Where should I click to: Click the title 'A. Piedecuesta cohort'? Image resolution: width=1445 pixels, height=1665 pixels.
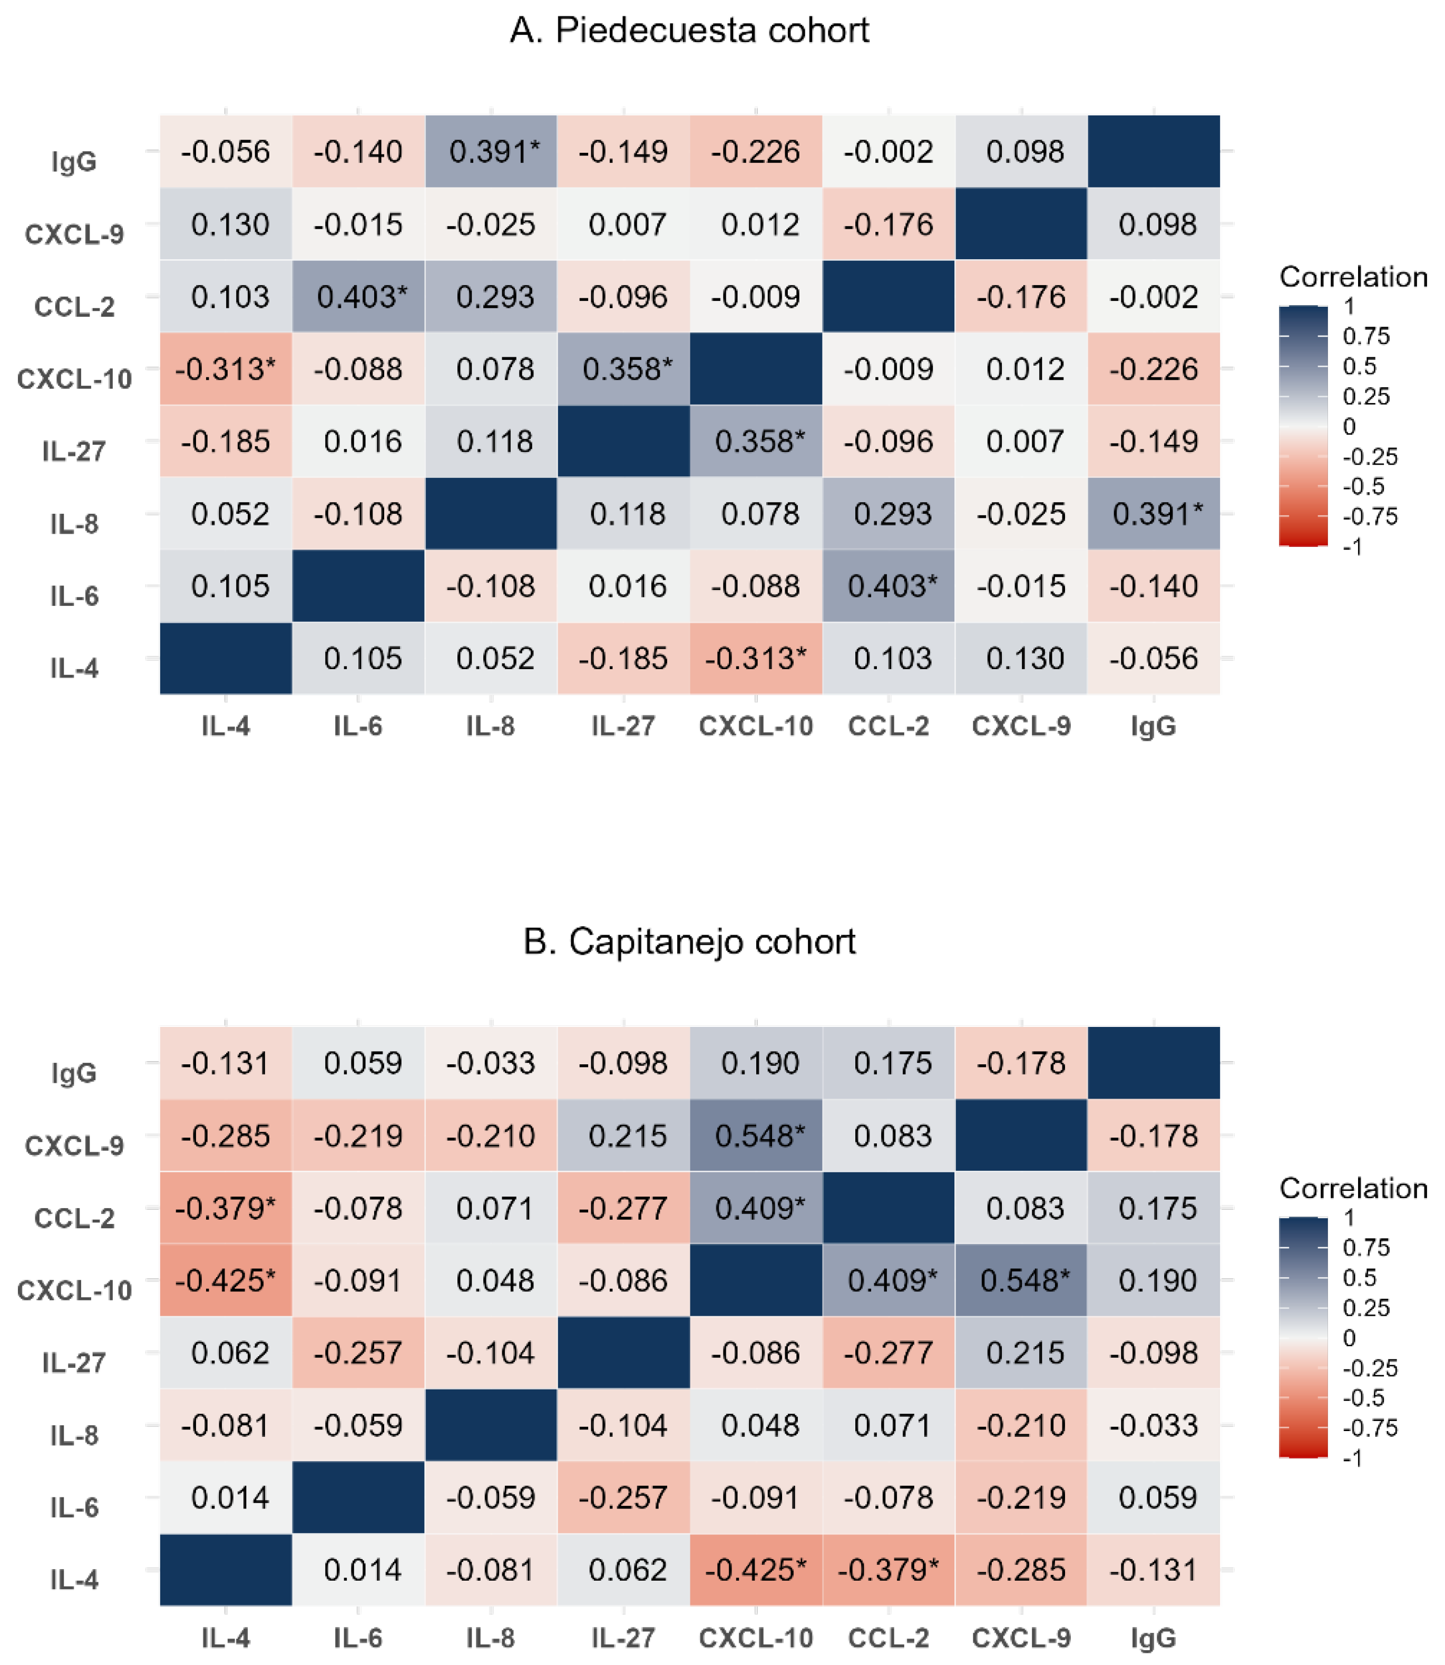689,31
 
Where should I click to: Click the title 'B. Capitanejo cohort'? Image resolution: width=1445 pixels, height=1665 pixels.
689,942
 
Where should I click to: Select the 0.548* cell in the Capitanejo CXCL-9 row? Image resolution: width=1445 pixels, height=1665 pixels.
756,1135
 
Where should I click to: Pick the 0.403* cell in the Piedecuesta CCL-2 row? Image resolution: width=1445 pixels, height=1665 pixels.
358,297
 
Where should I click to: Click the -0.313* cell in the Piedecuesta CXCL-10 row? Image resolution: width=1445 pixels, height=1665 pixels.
226,369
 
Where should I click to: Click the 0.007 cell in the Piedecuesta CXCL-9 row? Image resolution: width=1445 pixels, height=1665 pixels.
623,224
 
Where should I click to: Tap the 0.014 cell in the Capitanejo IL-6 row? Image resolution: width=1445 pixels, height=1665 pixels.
226,1497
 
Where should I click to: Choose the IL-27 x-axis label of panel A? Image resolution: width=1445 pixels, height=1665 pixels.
623,727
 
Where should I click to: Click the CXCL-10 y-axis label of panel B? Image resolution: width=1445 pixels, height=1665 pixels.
74,1290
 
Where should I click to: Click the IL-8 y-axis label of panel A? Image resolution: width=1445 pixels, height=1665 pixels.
74,523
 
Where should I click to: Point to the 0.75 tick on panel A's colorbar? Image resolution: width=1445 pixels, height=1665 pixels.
1366,336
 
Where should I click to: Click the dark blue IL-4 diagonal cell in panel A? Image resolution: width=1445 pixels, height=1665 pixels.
226,658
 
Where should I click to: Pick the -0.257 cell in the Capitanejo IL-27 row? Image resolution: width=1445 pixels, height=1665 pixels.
358,1353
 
